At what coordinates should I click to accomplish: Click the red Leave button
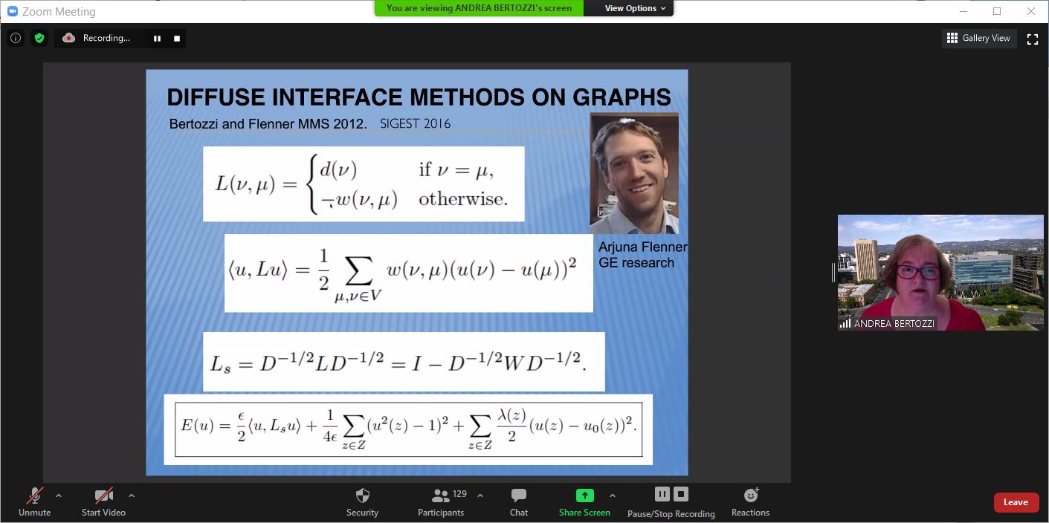pyautogui.click(x=1016, y=502)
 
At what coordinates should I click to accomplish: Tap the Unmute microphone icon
pyautogui.click(x=35, y=496)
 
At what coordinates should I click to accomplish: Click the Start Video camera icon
pyautogui.click(x=103, y=496)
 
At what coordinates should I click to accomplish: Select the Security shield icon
pyautogui.click(x=363, y=496)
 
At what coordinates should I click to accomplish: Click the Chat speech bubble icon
pyautogui.click(x=519, y=495)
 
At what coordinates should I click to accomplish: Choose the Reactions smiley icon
pyautogui.click(x=751, y=495)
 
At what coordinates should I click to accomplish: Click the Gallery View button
pyautogui.click(x=979, y=38)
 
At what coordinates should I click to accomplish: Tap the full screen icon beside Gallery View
pyautogui.click(x=1033, y=39)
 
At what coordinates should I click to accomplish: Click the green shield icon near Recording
pyautogui.click(x=39, y=38)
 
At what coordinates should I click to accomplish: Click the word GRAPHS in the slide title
pyautogui.click(x=622, y=97)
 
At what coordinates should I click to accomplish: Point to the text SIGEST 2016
pyautogui.click(x=415, y=123)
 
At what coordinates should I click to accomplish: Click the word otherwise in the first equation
pyautogui.click(x=462, y=199)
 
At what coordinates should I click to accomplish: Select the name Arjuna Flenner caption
pyautogui.click(x=642, y=247)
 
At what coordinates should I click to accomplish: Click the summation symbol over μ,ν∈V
pyautogui.click(x=358, y=270)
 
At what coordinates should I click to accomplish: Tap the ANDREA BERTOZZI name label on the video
pyautogui.click(x=894, y=323)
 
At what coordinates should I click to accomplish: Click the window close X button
pyautogui.click(x=1030, y=11)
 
